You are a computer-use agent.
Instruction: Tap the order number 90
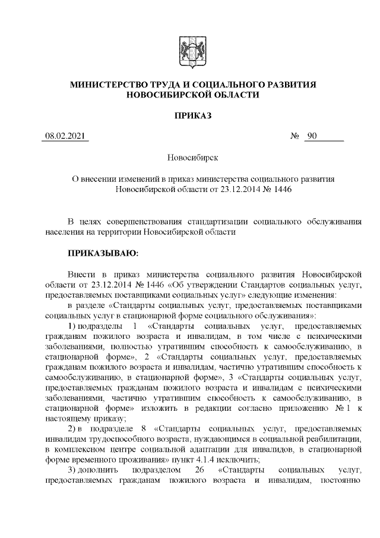[312, 137]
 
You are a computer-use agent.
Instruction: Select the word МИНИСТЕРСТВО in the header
[105, 85]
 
